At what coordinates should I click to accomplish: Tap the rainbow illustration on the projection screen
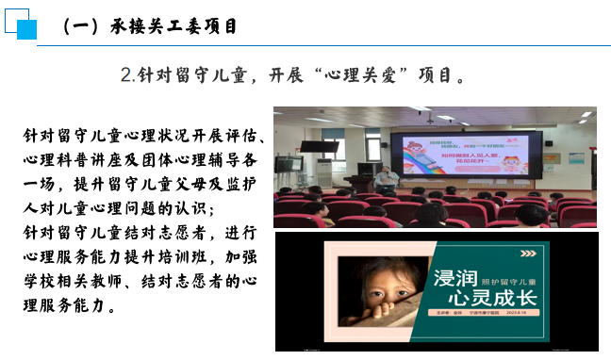434,155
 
